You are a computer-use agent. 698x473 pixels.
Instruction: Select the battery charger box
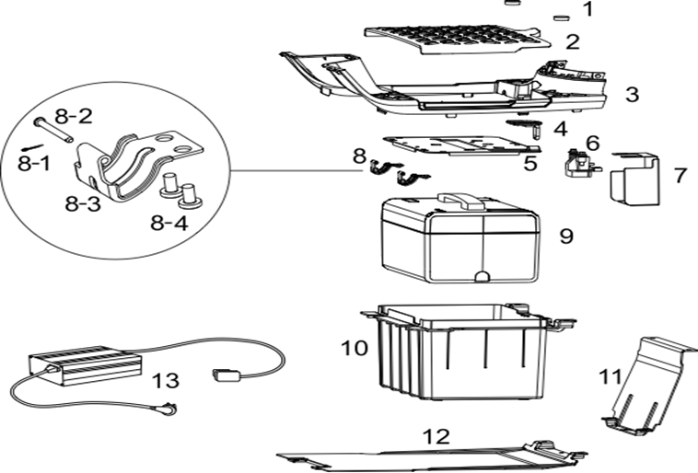(x=87, y=364)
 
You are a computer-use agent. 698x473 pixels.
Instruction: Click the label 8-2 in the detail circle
(x=73, y=117)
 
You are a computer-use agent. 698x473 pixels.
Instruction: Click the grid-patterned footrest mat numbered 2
(x=460, y=36)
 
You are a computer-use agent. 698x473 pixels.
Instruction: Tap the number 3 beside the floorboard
(x=632, y=94)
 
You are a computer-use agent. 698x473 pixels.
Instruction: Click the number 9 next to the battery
(x=566, y=236)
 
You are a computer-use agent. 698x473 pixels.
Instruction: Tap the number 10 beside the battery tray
(x=355, y=349)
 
